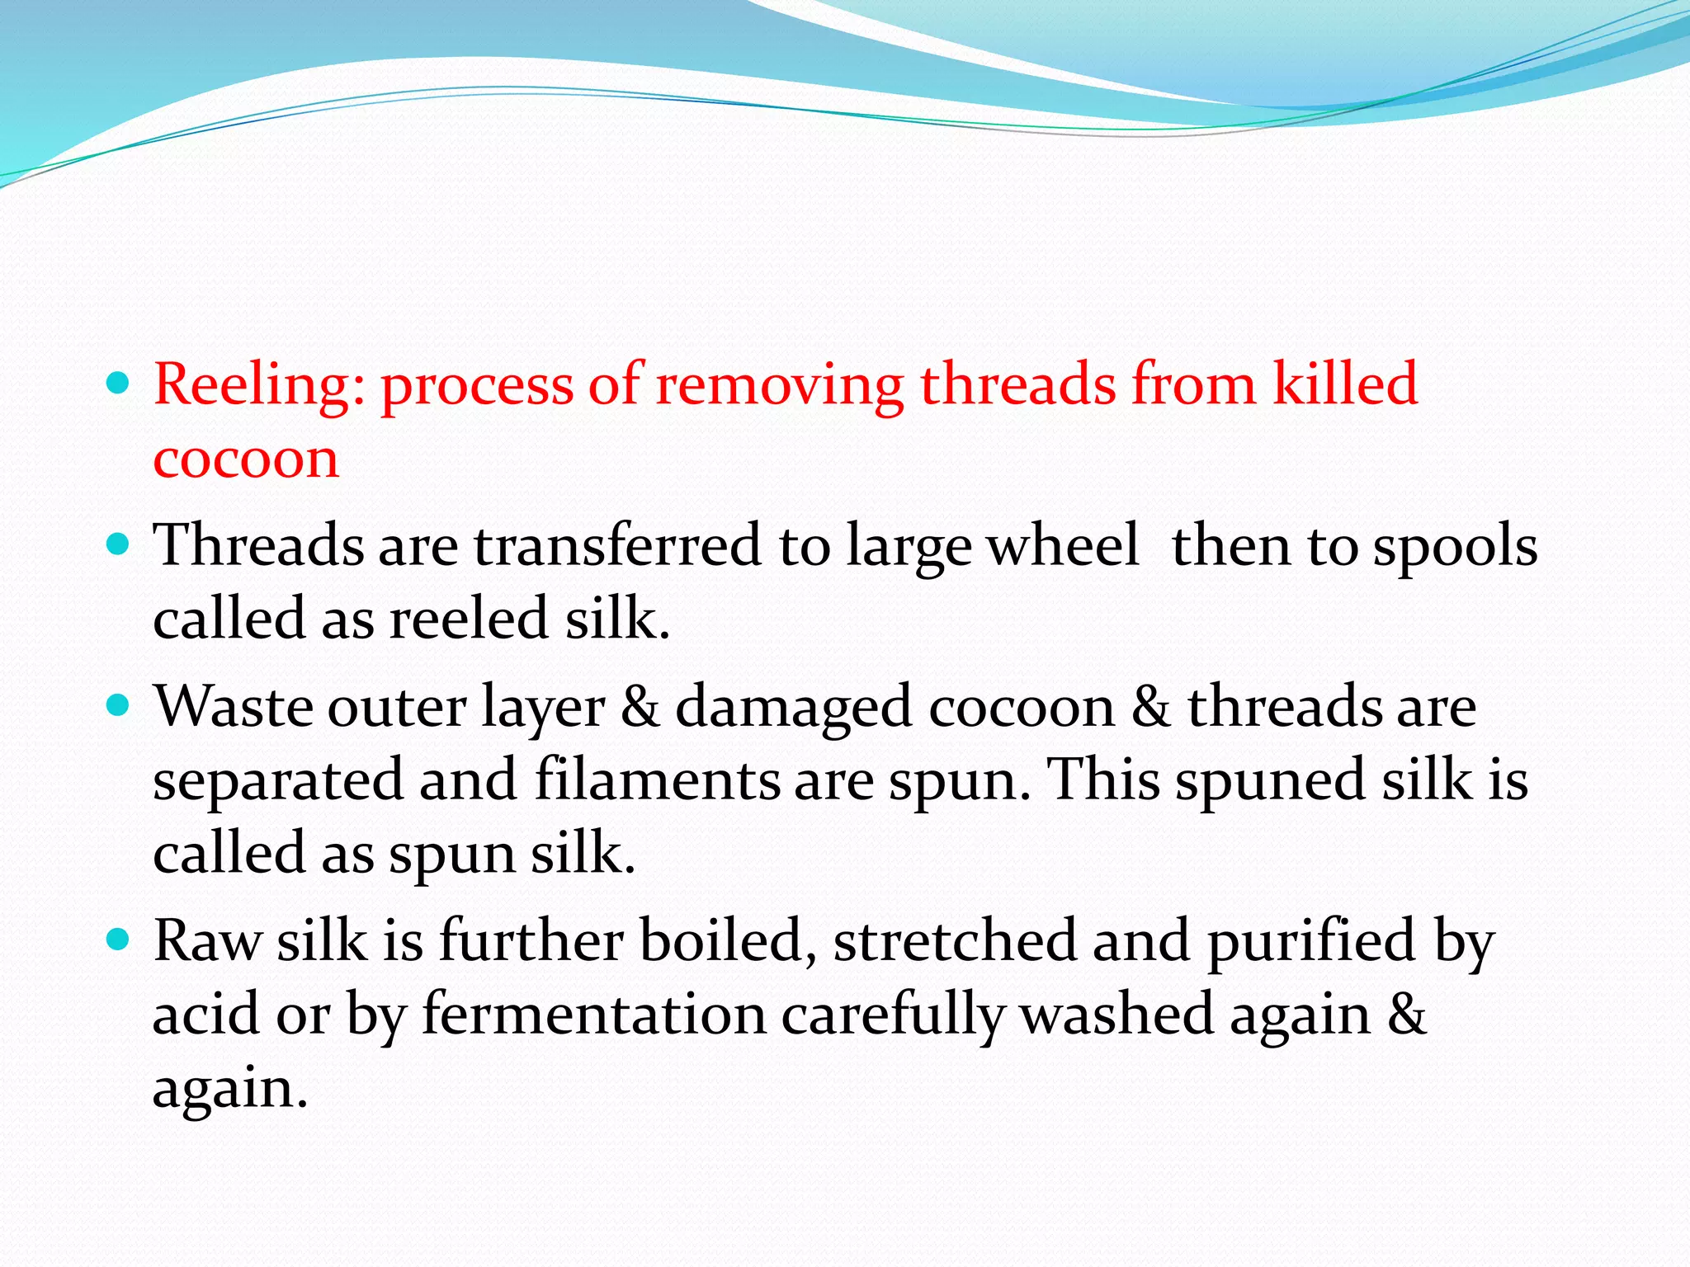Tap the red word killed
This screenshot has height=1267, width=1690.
coord(1345,384)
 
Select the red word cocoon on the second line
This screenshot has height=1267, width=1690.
coord(246,459)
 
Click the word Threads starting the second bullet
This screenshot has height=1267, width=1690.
coord(258,546)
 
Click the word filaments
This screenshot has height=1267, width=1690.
coord(657,780)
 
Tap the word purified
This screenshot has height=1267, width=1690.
coord(1312,942)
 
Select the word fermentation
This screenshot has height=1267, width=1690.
coord(594,1015)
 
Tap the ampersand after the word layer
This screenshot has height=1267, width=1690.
coord(640,708)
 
